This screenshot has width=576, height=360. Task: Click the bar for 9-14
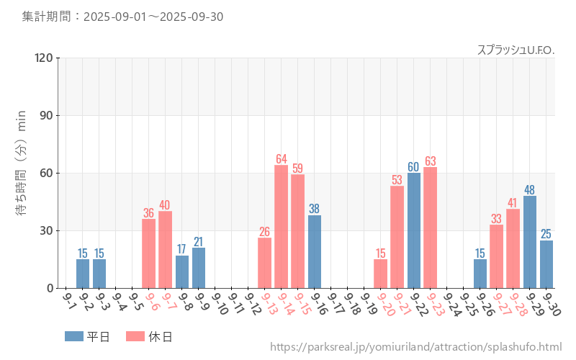281,227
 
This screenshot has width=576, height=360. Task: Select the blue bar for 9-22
414,230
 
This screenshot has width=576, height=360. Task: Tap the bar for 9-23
431,228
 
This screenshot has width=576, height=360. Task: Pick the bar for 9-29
530,242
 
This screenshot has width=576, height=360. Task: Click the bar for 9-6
149,253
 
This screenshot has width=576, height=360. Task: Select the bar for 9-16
315,251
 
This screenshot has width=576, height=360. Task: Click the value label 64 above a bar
281,159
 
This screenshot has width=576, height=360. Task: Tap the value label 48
530,190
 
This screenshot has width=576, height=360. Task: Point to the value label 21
199,242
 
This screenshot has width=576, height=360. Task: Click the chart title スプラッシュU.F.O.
516,50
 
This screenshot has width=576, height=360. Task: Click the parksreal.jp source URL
415,347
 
